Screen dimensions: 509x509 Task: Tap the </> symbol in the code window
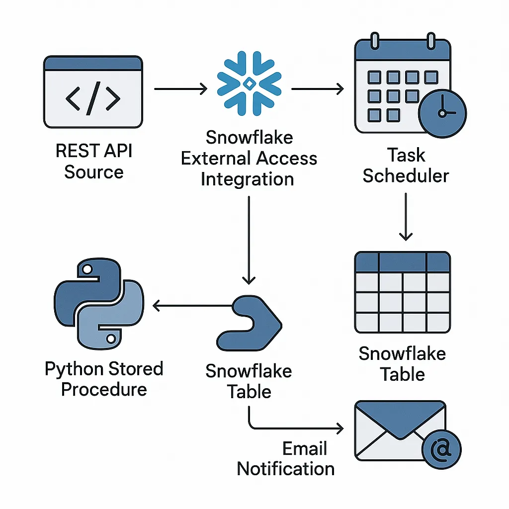(93, 99)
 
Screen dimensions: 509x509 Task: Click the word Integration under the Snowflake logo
(247, 179)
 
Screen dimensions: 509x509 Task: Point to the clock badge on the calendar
(442, 113)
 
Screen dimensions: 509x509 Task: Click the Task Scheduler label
(406, 166)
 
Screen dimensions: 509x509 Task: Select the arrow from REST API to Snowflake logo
(180, 89)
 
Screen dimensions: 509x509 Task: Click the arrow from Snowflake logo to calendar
(317, 89)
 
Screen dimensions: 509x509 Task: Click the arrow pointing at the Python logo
(194, 306)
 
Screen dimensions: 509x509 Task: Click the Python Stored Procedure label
(104, 379)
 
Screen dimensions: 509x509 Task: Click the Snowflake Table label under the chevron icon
(249, 381)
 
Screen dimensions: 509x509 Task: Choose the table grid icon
(402, 292)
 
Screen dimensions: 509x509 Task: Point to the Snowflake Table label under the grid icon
(402, 364)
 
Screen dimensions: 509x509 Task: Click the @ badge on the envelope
(441, 450)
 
